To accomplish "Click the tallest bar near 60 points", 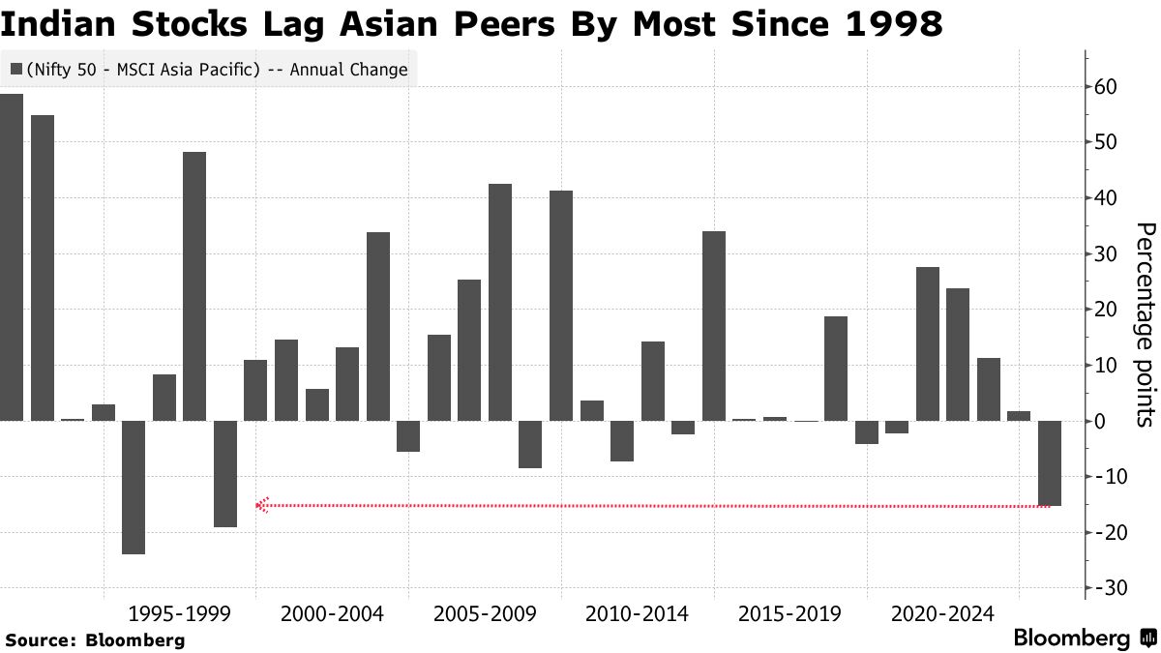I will tap(12, 256).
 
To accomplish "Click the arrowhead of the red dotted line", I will tap(259, 505).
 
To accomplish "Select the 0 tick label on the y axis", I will tap(1113, 422).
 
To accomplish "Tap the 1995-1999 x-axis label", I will tap(179, 614).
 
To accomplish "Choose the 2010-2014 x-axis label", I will tap(637, 614).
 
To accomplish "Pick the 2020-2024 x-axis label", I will tap(942, 614).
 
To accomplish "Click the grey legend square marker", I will tap(16, 70).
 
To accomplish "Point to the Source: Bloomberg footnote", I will tap(95, 639).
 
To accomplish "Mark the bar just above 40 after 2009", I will tap(561, 305).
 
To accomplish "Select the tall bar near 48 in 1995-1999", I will tap(194, 285).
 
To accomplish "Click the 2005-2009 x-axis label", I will tap(485, 614).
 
